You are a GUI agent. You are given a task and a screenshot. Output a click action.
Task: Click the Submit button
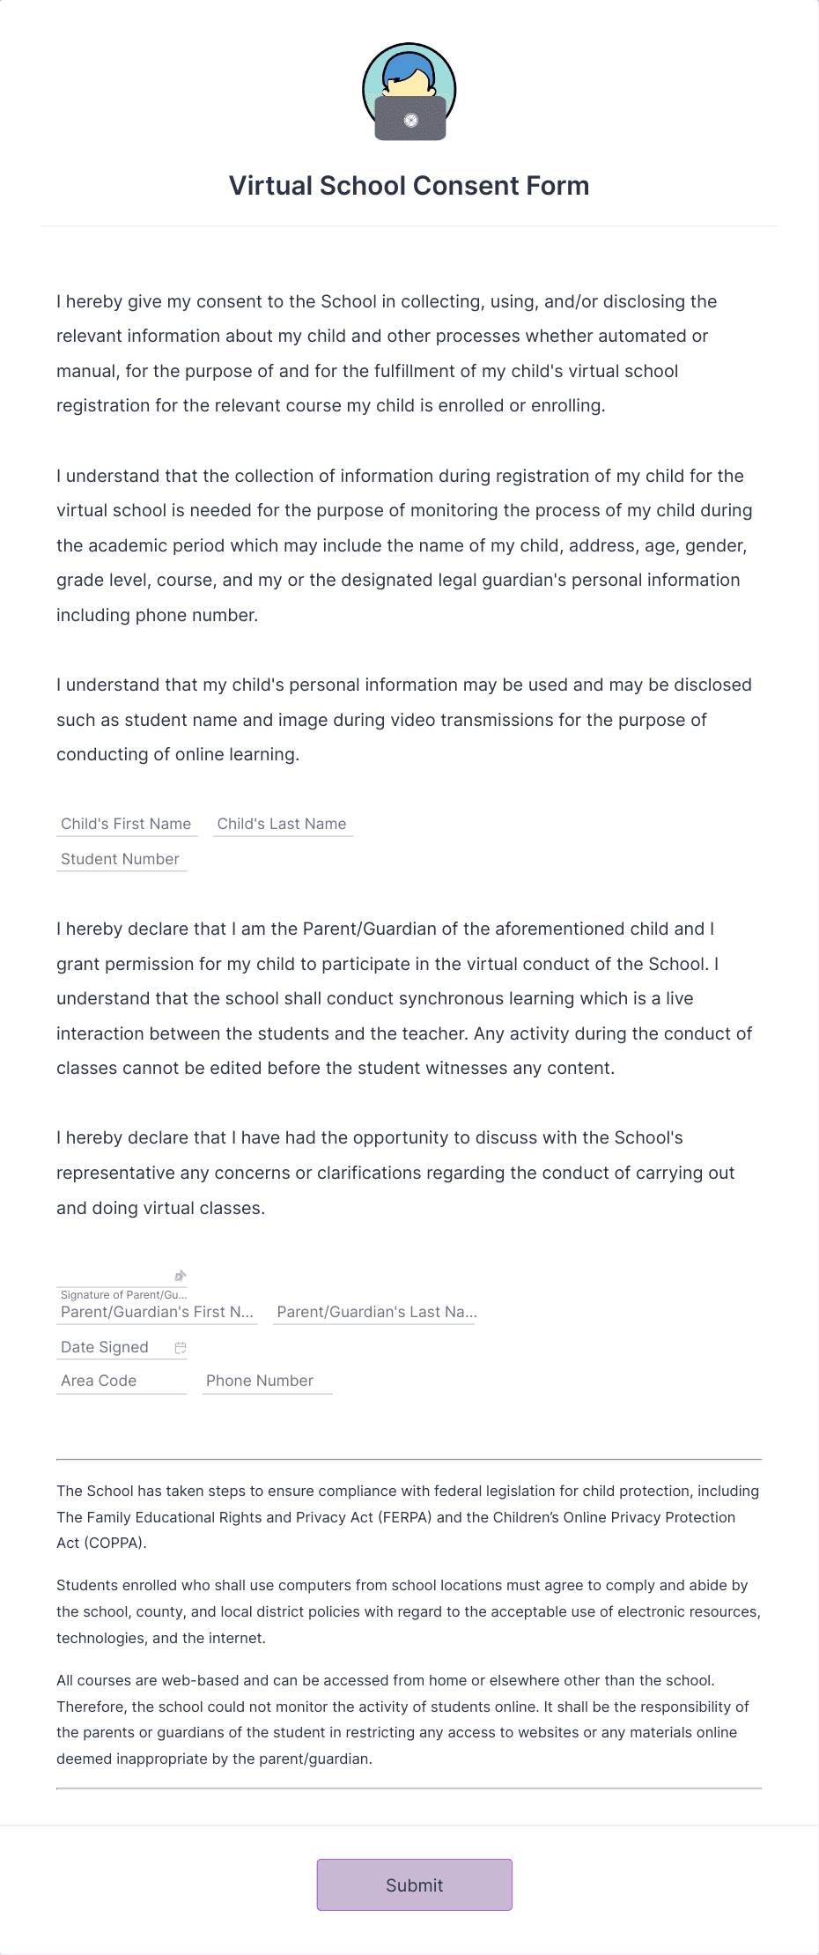(414, 1885)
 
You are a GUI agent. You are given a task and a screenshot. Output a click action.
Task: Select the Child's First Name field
(126, 824)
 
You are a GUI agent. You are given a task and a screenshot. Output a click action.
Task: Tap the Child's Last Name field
(282, 824)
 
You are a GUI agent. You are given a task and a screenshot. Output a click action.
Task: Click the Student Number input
(121, 859)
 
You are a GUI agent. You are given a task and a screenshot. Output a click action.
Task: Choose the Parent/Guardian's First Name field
(157, 1312)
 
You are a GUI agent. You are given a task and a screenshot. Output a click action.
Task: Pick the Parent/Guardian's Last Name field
(374, 1312)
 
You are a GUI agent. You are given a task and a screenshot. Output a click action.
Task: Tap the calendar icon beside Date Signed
(181, 1348)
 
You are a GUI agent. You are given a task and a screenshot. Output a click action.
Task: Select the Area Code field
(121, 1381)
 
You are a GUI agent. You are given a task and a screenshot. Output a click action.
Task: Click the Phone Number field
(266, 1381)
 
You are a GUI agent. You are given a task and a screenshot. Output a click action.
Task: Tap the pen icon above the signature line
(181, 1276)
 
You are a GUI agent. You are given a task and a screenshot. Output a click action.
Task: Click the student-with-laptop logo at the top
(409, 92)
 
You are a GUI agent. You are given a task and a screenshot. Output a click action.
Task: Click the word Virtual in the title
(270, 186)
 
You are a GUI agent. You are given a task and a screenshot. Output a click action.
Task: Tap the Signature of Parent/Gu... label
(123, 1294)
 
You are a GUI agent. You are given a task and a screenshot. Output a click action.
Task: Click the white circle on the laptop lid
(410, 121)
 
